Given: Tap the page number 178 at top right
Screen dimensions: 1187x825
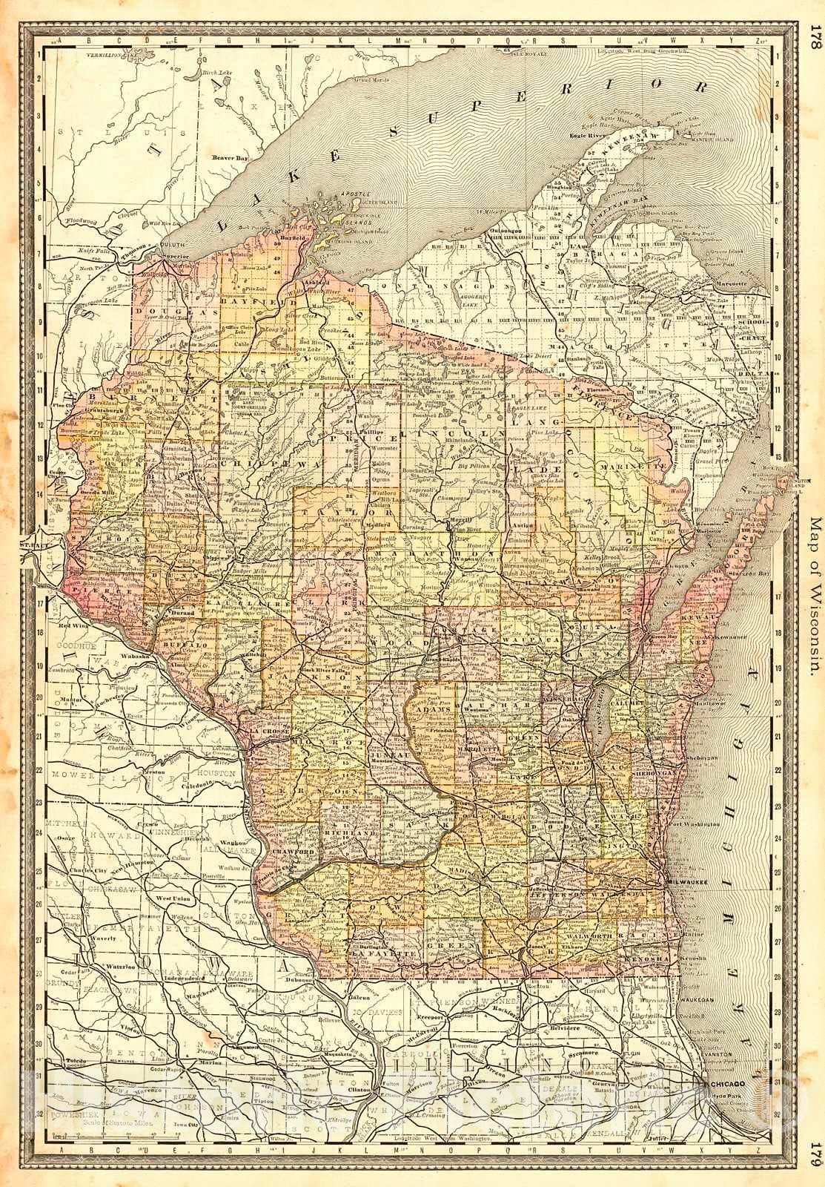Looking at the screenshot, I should (815, 38).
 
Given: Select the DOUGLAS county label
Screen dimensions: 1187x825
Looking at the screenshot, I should (160, 315).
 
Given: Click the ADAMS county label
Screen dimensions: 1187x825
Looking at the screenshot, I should (435, 711).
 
